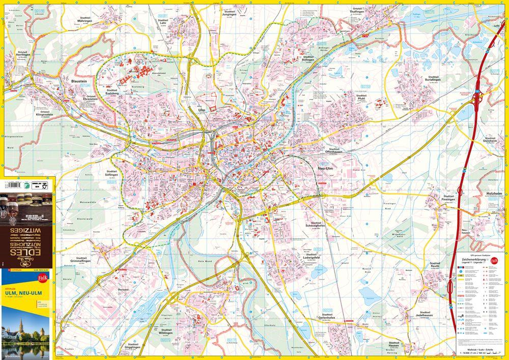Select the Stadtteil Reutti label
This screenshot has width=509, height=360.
coord(434,265)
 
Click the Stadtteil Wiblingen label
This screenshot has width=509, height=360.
coord(166,331)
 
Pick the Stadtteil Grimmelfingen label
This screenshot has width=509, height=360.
coord(80,261)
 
